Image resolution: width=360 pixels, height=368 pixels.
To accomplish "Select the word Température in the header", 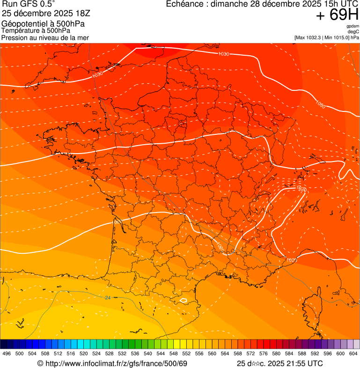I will click(20, 31).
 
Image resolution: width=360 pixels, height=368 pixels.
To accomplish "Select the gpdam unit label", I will click(353, 26).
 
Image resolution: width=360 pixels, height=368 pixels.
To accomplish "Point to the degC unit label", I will click(353, 32).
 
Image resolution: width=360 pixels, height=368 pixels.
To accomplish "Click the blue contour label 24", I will click(108, 297).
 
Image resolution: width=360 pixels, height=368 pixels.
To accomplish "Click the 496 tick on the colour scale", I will click(7, 353).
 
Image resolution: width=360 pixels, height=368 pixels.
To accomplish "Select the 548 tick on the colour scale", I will click(173, 353).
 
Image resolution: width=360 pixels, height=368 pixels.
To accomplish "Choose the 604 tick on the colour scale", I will click(353, 353).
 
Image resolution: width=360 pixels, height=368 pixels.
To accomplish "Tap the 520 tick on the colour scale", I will click(84, 353).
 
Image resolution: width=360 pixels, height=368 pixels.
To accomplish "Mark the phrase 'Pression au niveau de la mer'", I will click(45, 37).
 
